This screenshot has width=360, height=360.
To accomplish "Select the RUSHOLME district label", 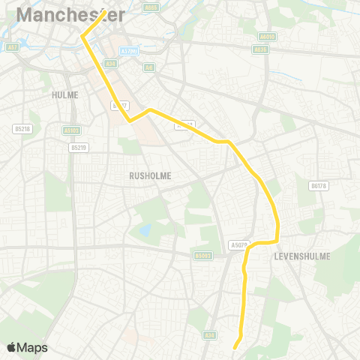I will tap(150, 175).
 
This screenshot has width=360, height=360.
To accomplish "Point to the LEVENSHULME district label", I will tap(302, 256).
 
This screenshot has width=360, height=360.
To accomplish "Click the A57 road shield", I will tap(11, 47).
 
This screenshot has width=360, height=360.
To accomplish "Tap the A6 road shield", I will tap(149, 67).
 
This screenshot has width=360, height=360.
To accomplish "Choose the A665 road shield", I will tap(152, 7).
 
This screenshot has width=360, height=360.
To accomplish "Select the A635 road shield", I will tap(260, 49).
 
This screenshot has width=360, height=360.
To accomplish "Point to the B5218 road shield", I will tap(22, 129).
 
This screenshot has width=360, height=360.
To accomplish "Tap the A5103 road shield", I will tap(72, 130).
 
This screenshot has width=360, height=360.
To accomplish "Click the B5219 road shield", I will tap(78, 147).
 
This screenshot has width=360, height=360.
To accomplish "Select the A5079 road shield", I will tap(238, 245).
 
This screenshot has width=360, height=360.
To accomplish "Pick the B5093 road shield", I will tap(202, 256).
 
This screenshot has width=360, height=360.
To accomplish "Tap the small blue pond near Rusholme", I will tap(145, 229).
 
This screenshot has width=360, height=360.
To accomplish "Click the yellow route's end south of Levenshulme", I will tap(235, 347).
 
